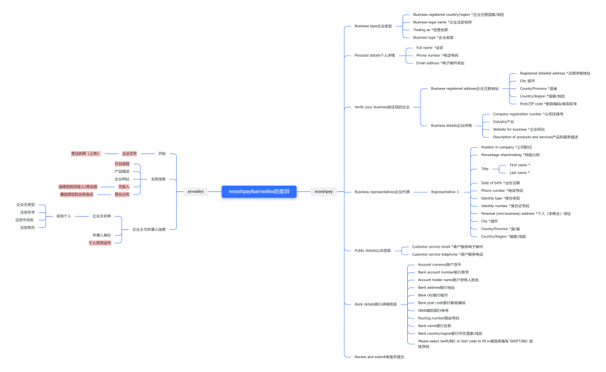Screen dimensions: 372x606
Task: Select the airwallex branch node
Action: tap(196, 191)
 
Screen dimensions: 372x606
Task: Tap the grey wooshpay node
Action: tap(323, 191)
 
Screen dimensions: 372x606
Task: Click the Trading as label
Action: tap(431, 30)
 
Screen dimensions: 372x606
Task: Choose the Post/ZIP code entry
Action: tap(548, 104)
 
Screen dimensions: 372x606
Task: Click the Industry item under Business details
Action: tap(503, 121)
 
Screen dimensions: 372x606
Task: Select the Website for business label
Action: tap(518, 129)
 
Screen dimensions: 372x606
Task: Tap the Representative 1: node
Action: tap(445, 191)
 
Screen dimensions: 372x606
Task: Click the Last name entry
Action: tap(519, 172)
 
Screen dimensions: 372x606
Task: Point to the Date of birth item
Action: tap(500, 183)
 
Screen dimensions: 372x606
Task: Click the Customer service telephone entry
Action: tap(447, 254)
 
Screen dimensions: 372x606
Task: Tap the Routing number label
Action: tap(439, 318)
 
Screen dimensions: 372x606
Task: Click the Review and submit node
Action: tap(379, 357)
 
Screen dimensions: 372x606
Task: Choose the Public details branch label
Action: tap(372, 250)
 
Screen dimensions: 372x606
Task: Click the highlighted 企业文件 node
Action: tap(129, 153)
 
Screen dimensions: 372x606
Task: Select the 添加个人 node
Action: tap(63, 216)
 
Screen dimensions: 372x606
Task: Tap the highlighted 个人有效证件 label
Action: tap(100, 243)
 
